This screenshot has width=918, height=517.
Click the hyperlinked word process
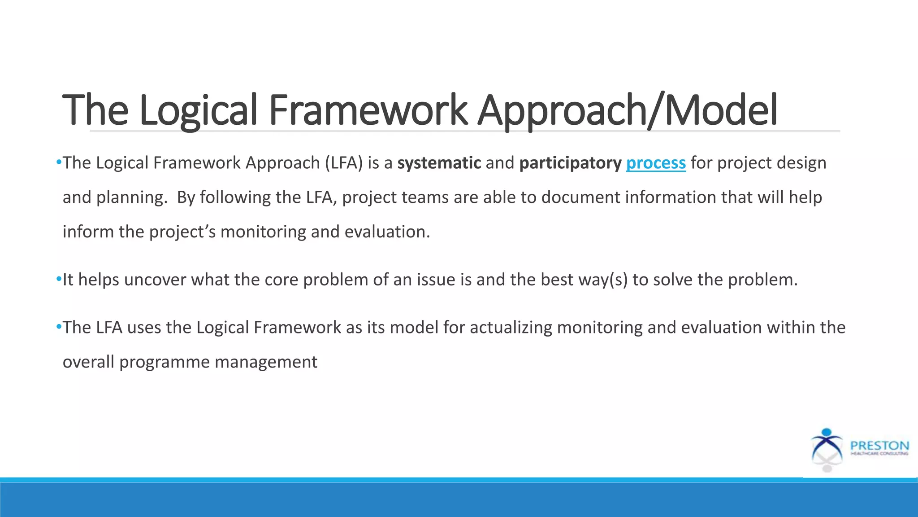pos(655,163)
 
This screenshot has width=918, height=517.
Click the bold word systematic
pos(439,163)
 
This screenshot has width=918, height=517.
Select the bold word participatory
pos(570,163)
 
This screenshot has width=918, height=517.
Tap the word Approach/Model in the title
pos(627,110)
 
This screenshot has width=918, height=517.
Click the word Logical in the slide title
pos(198,110)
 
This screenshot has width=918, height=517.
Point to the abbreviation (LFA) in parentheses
pos(344,163)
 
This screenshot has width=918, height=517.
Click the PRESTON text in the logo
pos(879,446)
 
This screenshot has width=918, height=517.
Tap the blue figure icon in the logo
pos(827,444)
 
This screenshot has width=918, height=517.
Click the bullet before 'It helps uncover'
pos(59,279)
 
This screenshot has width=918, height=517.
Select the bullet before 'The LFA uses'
pos(59,327)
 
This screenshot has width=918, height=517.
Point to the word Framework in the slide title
pos(368,110)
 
